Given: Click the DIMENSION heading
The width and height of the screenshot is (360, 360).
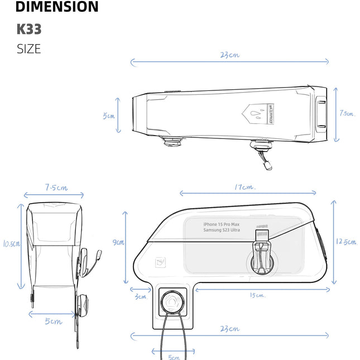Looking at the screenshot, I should click(57, 7).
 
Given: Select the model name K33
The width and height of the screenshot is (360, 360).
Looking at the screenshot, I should click(29, 29).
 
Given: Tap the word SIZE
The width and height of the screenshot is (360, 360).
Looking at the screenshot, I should click(29, 49).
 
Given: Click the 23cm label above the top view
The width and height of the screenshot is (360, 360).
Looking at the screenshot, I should click(229, 55).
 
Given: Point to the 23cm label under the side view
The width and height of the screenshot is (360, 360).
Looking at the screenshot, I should click(229, 329).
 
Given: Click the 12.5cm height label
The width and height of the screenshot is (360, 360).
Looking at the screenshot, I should click(347, 242).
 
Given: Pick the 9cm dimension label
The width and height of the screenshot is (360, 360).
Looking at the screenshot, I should click(118, 242).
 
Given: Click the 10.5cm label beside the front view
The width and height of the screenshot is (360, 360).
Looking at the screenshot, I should click(11, 243).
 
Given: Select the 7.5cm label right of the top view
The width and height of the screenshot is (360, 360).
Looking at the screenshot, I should click(347, 113).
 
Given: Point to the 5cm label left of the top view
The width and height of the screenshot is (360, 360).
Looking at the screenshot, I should click(108, 116).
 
